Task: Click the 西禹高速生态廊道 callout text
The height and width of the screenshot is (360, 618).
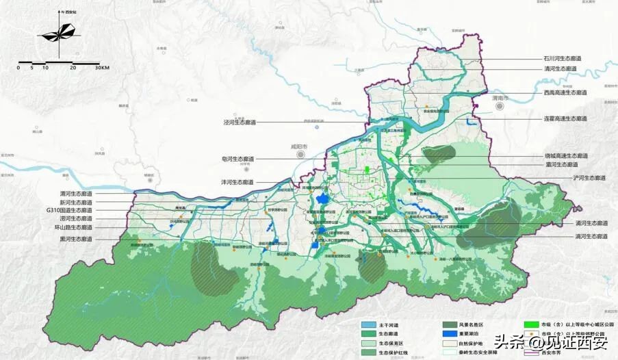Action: (565, 92)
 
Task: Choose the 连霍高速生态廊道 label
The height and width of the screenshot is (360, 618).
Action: (565, 118)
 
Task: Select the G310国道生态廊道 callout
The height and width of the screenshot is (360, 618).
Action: (68, 210)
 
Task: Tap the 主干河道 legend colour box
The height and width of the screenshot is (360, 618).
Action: (369, 324)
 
